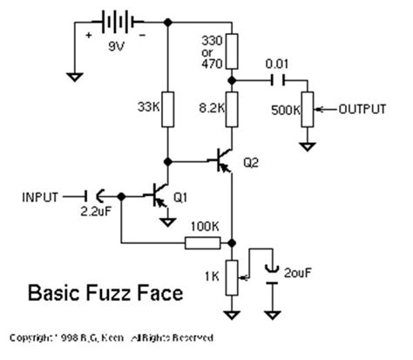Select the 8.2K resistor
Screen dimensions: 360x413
pyautogui.click(x=233, y=109)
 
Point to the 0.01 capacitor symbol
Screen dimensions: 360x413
pyautogui.click(x=278, y=79)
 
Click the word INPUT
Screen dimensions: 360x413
pyautogui.click(x=40, y=197)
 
